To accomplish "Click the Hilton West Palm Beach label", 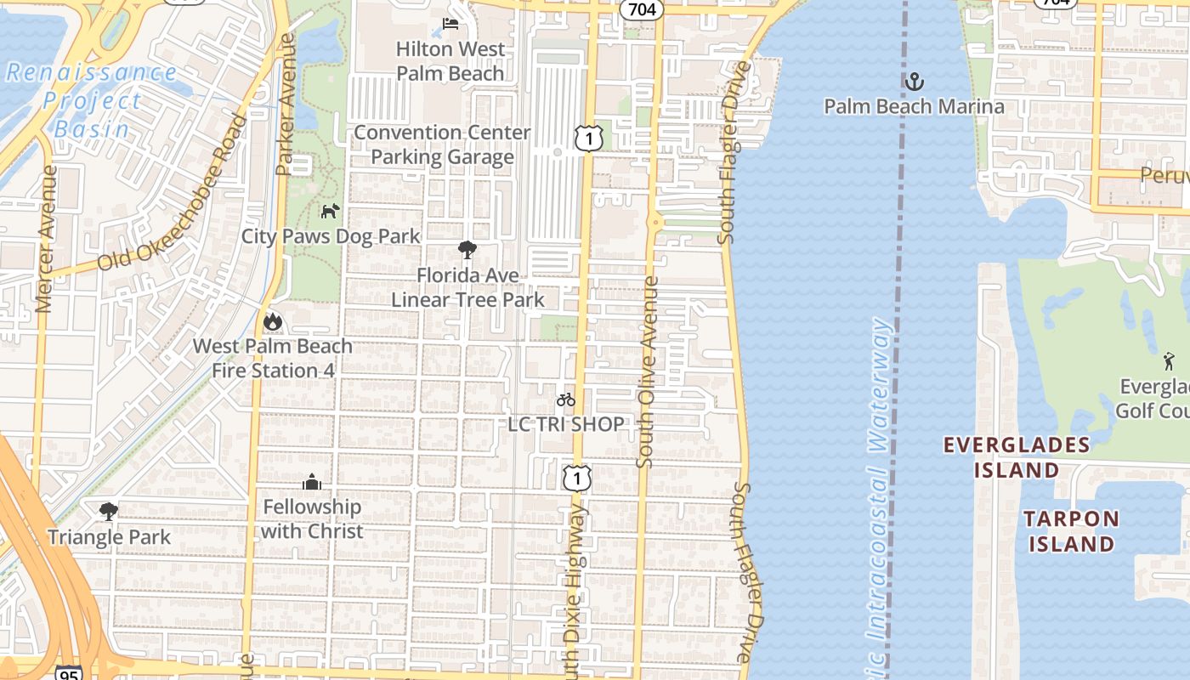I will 450,61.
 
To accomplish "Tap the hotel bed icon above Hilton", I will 450,23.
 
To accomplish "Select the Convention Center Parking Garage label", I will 442,144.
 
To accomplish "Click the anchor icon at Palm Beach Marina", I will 914,82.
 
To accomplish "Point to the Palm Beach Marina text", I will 914,106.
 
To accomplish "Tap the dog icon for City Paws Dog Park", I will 330,211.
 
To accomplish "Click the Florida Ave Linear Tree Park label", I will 467,287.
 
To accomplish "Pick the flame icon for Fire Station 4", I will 272,321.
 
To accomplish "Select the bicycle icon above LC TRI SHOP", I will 566,399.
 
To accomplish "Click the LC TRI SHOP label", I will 566,423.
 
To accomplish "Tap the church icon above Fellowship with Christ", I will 312,482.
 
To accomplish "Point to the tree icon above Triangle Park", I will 108,511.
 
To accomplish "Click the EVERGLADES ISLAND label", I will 1017,457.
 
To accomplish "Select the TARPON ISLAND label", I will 1071,531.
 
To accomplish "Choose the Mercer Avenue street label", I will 48,238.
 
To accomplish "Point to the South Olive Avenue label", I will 648,371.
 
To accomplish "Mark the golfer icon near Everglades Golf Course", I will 1170,361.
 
